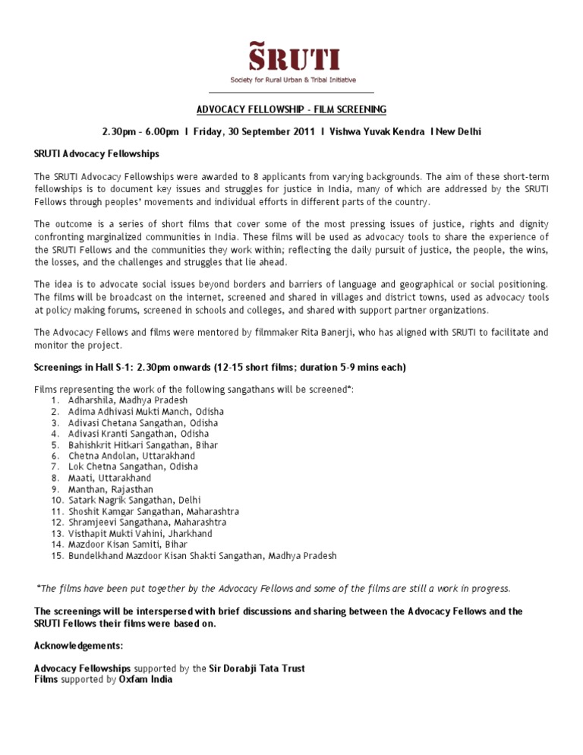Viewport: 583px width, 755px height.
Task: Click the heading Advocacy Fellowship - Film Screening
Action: [291, 109]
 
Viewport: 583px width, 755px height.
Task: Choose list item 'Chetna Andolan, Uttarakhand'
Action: [131, 456]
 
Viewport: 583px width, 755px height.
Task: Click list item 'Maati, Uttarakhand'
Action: [109, 478]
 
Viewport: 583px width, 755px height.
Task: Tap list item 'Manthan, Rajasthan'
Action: [109, 489]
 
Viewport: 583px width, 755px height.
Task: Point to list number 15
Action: [57, 555]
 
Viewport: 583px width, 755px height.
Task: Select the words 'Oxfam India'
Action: [145, 680]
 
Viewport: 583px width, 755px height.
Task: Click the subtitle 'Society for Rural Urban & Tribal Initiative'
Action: [294, 80]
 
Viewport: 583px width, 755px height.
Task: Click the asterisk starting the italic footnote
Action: [39, 587]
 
